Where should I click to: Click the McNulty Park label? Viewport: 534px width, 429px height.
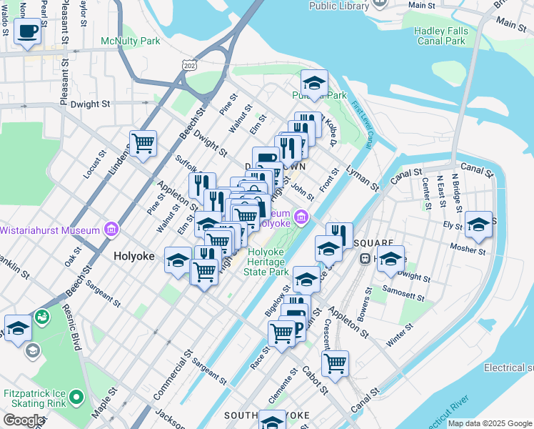pos(131,41)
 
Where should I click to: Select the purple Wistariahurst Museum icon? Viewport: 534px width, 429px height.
pos(111,230)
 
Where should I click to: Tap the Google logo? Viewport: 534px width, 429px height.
pos(23,420)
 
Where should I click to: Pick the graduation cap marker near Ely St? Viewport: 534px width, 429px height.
pos(478,223)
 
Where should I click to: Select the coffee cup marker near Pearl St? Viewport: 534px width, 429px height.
pos(28,31)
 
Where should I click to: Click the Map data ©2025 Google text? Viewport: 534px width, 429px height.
pos(490,423)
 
